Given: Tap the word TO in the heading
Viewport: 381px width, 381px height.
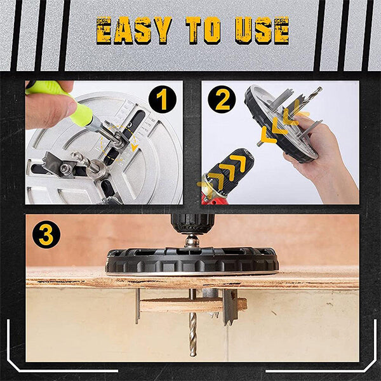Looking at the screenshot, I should coord(204,30).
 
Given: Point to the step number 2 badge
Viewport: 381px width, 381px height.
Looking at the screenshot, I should coord(222,100).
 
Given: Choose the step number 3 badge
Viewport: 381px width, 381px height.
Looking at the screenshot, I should coord(45,234).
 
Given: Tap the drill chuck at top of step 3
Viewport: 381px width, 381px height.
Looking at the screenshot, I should coord(192,224).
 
